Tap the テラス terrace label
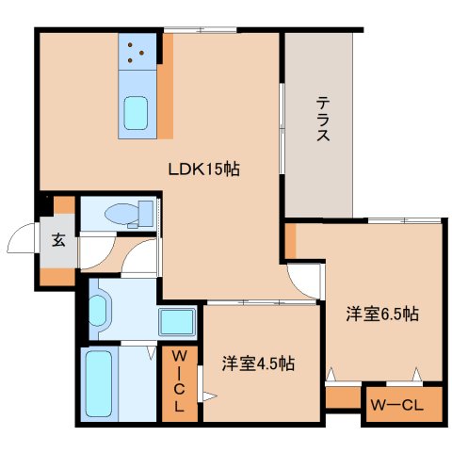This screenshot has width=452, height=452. click(322, 120)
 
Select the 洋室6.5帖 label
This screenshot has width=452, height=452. click(381, 315)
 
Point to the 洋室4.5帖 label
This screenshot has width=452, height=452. click(258, 363)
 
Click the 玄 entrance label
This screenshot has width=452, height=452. click(58, 239)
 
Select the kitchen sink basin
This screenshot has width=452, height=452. click(137, 114)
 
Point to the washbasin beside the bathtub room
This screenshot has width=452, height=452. click(98, 309)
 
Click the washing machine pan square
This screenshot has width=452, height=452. click(176, 322)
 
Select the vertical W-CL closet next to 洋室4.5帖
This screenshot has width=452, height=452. click(178, 382)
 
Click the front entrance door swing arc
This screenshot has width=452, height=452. click(22, 243)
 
